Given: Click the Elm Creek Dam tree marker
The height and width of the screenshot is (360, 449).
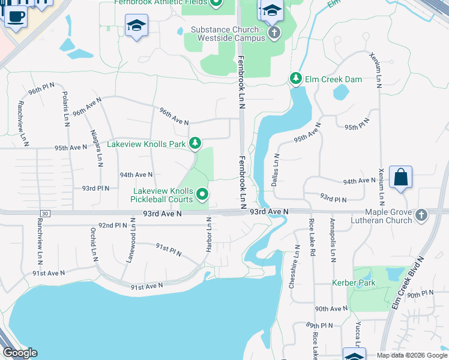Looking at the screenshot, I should point(295,78).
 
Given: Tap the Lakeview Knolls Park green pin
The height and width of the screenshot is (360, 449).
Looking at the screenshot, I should point(194,143).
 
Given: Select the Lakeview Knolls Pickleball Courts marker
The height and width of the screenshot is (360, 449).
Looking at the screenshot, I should point(203,194).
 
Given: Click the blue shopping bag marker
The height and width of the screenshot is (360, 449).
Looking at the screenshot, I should point(400,178).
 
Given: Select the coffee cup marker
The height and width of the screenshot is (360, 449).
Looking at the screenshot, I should point(15,16).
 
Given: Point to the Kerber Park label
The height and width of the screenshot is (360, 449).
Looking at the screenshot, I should point(349,283).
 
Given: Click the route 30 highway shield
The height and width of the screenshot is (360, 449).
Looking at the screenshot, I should point(44,214).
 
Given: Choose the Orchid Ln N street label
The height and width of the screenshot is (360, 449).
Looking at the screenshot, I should point(94,244).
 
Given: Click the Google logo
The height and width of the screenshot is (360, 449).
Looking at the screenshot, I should point(20,353).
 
